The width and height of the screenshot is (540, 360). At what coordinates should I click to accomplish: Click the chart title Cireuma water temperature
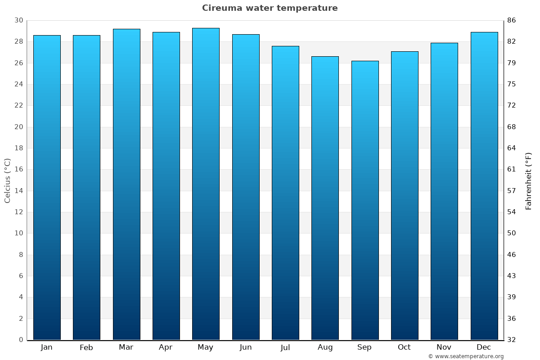pyautogui.click(x=270, y=8)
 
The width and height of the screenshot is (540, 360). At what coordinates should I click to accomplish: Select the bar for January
pyautogui.click(x=47, y=187)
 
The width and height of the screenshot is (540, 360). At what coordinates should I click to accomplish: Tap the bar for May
pyautogui.click(x=206, y=184)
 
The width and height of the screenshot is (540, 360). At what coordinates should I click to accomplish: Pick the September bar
pyautogui.click(x=365, y=200)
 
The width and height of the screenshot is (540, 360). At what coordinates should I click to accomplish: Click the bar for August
pyautogui.click(x=325, y=198)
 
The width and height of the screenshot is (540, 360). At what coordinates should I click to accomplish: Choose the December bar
pyautogui.click(x=484, y=186)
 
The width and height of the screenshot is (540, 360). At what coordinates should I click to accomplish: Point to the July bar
pyautogui.click(x=285, y=193)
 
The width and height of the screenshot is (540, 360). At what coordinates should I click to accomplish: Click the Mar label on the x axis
pyautogui.click(x=126, y=347)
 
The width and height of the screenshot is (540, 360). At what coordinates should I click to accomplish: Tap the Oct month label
pyautogui.click(x=404, y=347)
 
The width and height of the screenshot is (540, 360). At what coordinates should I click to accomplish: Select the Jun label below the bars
pyautogui.click(x=246, y=347)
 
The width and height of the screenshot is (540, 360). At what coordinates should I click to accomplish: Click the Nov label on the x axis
pyautogui.click(x=444, y=347)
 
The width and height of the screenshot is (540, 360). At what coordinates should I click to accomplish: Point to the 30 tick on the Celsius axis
pyautogui.click(x=18, y=21)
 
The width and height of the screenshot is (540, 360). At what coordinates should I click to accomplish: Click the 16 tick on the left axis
pyautogui.click(x=18, y=170)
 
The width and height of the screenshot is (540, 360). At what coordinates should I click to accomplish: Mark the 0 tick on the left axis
pyautogui.click(x=21, y=340)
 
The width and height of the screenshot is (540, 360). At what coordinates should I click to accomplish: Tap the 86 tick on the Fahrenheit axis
pyautogui.click(x=512, y=21)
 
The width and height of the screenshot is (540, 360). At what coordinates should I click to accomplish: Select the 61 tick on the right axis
pyautogui.click(x=512, y=170)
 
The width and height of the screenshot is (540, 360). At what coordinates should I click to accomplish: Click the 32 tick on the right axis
pyautogui.click(x=512, y=340)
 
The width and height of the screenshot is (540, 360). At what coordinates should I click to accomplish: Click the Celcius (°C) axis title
pyautogui.click(x=7, y=180)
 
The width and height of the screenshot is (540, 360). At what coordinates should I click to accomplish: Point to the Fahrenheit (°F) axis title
pyautogui.click(x=529, y=180)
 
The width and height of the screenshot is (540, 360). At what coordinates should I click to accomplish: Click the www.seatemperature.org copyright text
pyautogui.click(x=466, y=356)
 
